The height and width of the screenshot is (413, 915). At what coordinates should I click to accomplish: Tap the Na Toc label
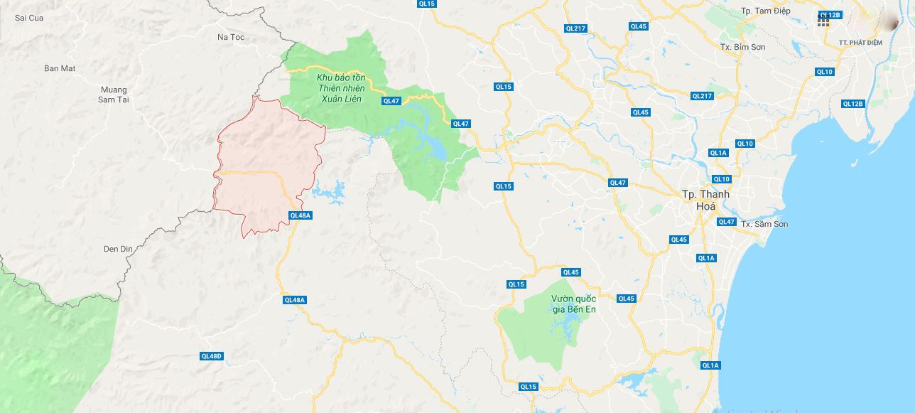click(x=231, y=36)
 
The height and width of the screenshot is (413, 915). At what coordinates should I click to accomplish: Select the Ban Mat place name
click(x=60, y=68)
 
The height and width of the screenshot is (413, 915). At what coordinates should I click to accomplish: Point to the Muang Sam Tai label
click(x=113, y=95)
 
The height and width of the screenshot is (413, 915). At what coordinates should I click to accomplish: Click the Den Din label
click(x=119, y=249)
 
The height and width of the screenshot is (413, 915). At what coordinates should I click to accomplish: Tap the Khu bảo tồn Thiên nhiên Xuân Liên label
click(x=339, y=87)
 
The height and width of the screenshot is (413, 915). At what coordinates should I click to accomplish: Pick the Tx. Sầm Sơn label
click(x=764, y=224)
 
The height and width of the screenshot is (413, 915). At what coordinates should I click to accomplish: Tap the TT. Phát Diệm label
click(x=860, y=43)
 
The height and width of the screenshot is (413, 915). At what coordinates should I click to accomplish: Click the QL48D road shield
click(x=212, y=356)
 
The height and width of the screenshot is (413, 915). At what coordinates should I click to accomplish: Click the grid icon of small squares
click(x=823, y=21)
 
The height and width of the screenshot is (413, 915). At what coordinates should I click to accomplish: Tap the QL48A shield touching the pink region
click(x=301, y=215)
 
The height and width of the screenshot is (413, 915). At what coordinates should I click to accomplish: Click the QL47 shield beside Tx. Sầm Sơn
click(x=726, y=222)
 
